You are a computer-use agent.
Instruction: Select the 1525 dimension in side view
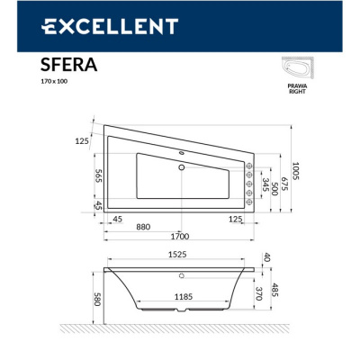tap(177, 256)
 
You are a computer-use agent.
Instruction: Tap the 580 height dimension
tap(95, 298)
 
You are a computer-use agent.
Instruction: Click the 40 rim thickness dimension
tap(266, 258)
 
